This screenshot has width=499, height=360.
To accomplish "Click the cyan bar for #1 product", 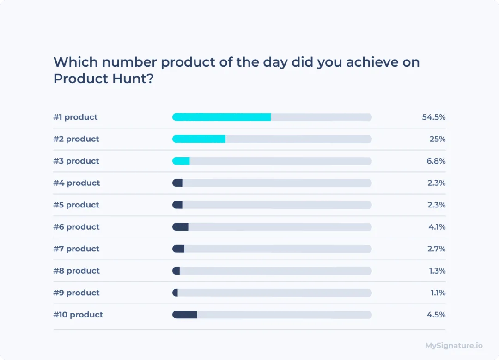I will point(221,117).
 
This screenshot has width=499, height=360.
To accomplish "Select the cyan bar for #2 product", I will point(199,139).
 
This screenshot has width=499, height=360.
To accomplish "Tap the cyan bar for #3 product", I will point(181,161).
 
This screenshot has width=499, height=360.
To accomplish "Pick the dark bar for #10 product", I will point(185,315).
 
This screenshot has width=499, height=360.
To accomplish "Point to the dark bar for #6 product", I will point(180,227).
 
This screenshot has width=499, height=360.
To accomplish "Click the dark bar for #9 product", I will point(175,293).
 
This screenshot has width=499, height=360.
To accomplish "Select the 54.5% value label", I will point(433,117).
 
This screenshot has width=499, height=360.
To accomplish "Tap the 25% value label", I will point(438,139).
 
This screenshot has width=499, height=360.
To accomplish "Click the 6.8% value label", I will point(436,161).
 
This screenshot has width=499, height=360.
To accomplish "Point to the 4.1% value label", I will point(437,227).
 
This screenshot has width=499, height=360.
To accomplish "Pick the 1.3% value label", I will point(437,271).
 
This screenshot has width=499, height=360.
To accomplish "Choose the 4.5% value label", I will point(436,315).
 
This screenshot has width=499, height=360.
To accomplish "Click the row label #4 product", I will point(77,183).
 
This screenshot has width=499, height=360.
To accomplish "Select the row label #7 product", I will point(76,249).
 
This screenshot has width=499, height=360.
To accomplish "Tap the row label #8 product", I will point(77,271).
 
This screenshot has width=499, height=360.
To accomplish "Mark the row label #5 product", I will point(76,205).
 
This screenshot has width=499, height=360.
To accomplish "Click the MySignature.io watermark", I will point(454,345).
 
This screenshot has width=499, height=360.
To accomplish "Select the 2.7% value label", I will point(436,249).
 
